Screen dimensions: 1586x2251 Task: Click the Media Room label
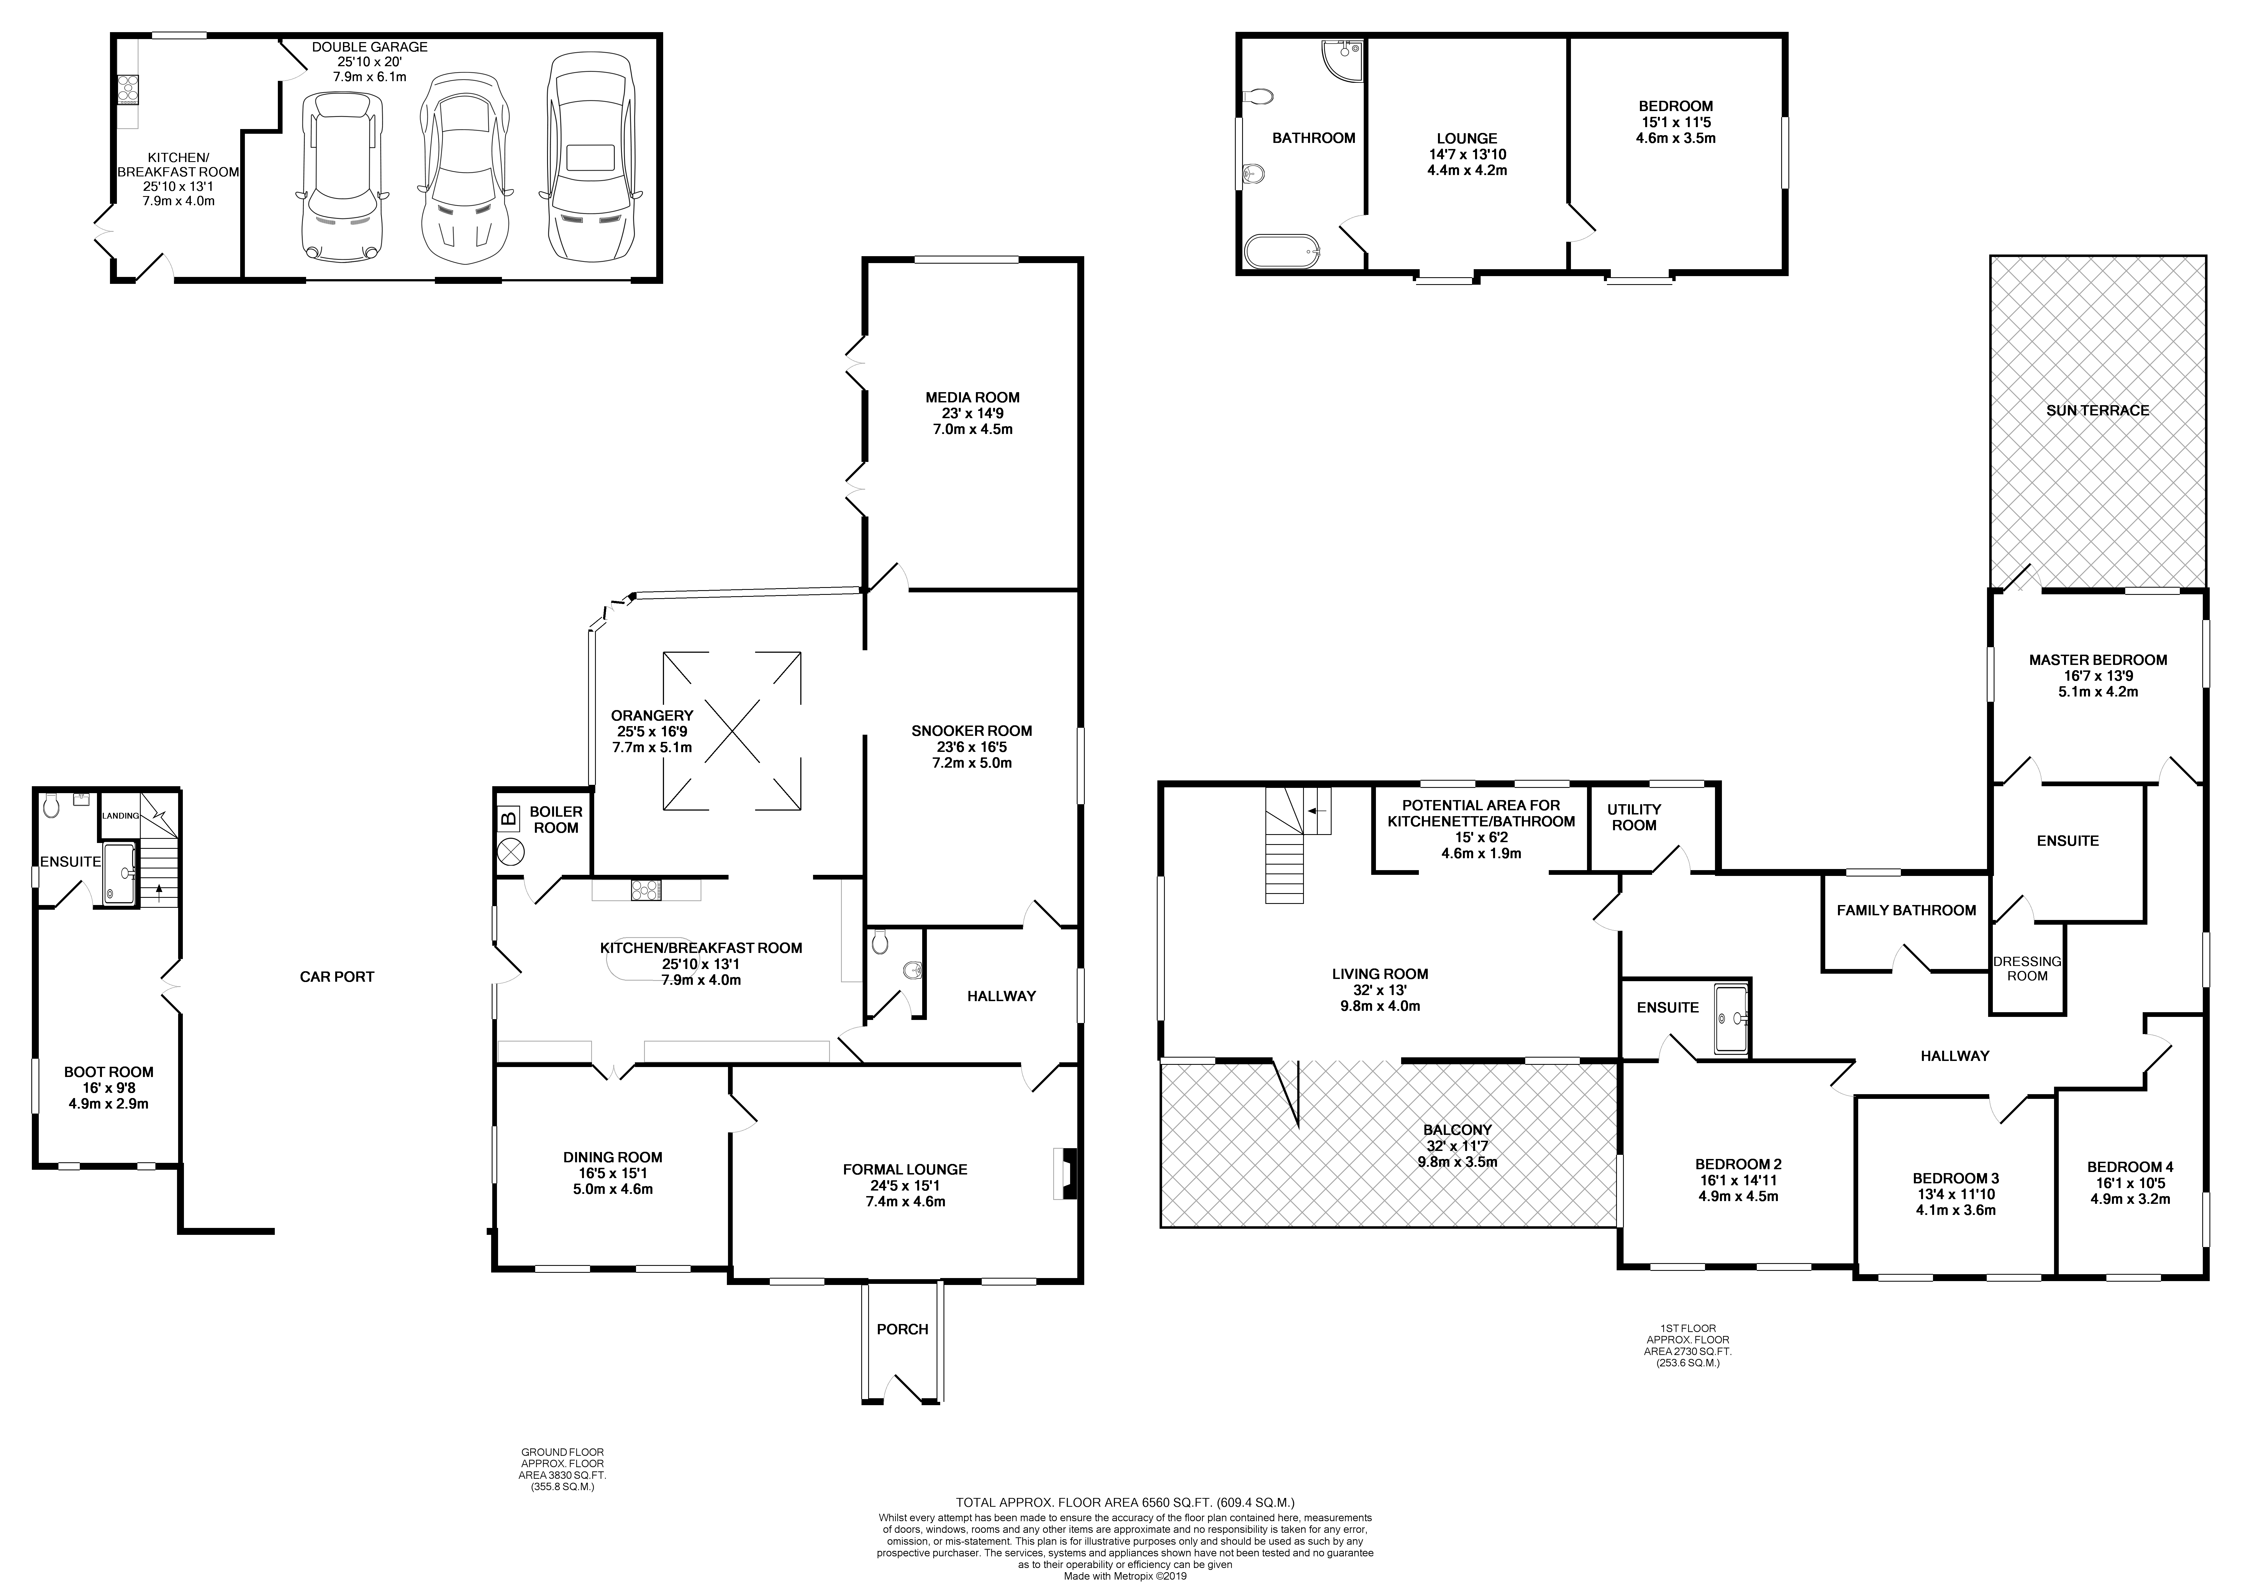coord(971,397)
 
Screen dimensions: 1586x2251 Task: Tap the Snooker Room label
coord(971,730)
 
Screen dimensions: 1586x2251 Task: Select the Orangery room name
coord(652,716)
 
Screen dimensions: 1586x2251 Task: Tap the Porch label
coord(902,1329)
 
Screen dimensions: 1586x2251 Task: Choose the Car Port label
coord(336,976)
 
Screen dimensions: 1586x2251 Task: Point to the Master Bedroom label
coord(2097,660)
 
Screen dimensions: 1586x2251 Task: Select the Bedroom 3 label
coord(1955,1178)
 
